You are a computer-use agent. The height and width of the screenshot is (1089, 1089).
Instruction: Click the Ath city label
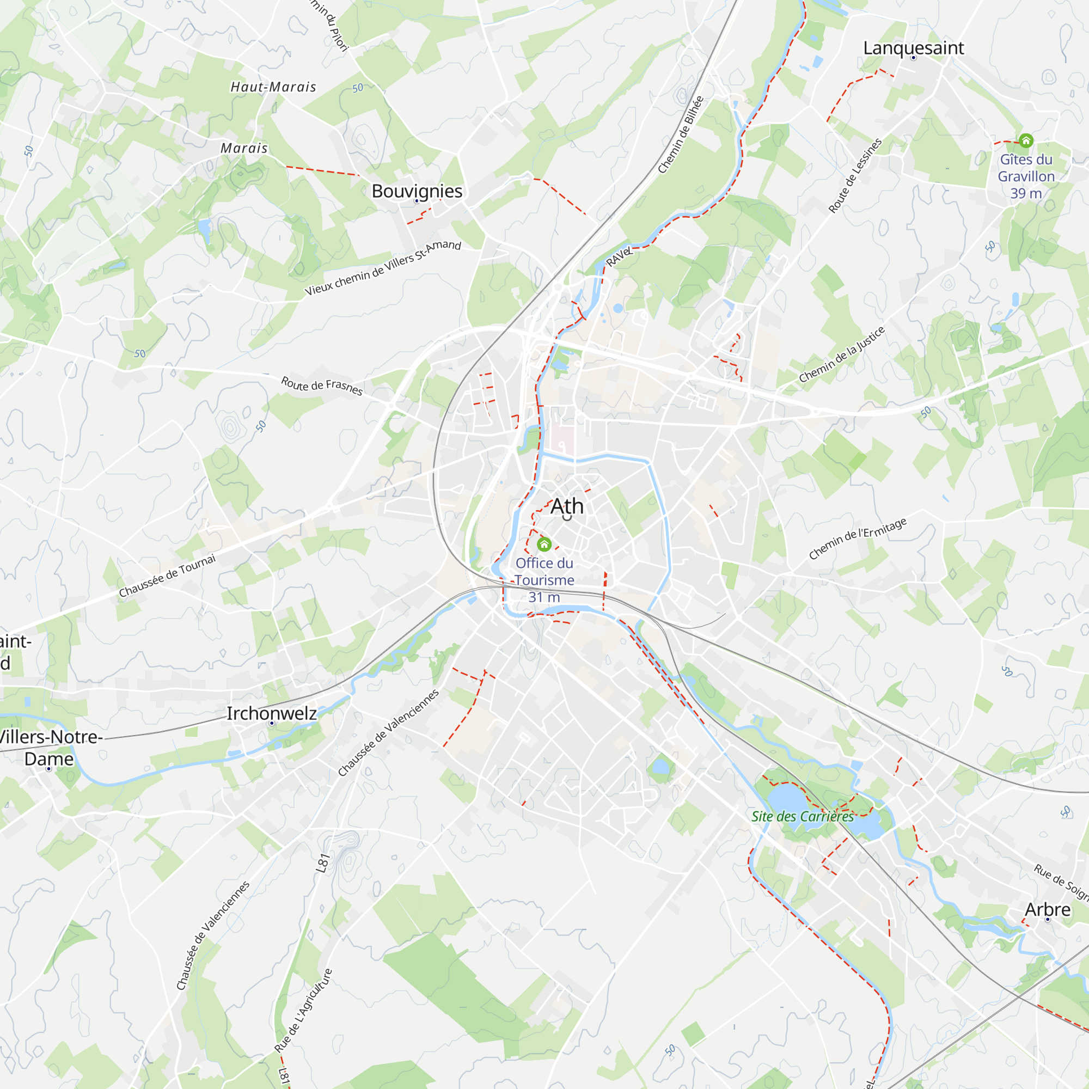click(x=566, y=506)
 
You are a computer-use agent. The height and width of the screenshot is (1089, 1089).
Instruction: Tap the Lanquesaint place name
click(x=913, y=48)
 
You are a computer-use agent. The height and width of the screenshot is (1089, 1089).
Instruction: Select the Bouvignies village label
click(x=417, y=191)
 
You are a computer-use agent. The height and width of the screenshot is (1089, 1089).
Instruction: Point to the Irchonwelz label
click(x=271, y=713)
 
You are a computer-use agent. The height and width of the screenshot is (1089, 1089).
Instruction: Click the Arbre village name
click(x=1047, y=909)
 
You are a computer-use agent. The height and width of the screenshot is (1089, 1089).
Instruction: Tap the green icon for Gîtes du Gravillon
click(x=1026, y=140)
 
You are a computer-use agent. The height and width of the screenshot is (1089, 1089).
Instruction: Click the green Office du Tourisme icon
click(x=544, y=544)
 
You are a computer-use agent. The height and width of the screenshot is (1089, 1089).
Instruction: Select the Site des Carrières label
click(x=802, y=816)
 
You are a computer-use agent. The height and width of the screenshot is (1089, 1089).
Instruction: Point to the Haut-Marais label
click(x=273, y=87)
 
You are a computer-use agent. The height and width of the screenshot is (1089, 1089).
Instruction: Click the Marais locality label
click(x=244, y=148)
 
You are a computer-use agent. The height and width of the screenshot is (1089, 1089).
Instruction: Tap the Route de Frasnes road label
click(x=322, y=386)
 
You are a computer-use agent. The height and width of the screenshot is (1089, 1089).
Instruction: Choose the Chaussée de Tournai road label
click(x=167, y=576)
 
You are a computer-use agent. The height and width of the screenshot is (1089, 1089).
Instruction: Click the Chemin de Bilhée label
click(x=681, y=134)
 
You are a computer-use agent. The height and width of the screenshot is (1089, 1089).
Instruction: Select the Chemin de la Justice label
click(x=842, y=354)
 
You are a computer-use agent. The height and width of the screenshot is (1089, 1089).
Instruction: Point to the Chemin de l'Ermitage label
click(x=858, y=539)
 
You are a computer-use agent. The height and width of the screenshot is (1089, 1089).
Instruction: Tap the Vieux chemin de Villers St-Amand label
click(x=383, y=268)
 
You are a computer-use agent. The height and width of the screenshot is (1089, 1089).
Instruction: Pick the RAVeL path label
click(x=619, y=257)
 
